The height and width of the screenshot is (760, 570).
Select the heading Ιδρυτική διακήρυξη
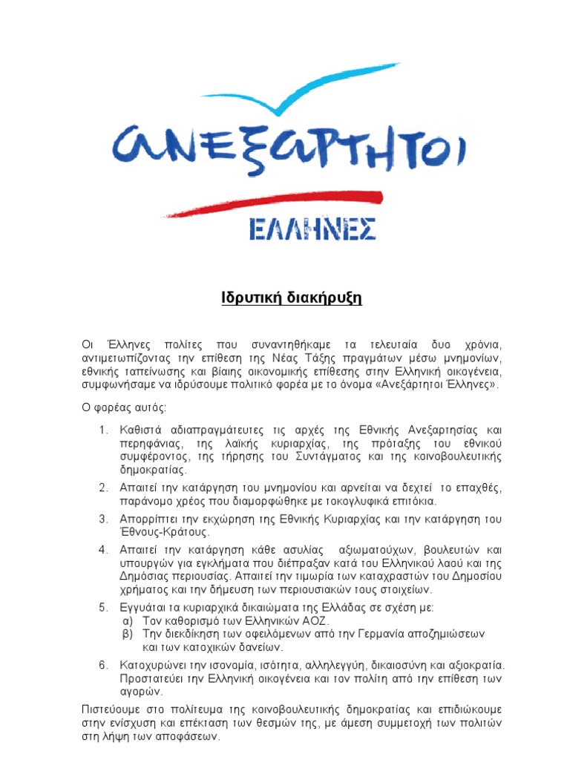(x=285, y=299)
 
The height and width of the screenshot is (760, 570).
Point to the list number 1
(x=103, y=430)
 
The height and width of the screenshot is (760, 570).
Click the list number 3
(x=103, y=519)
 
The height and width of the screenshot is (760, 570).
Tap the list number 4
(x=103, y=550)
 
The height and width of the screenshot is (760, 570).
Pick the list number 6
(x=103, y=664)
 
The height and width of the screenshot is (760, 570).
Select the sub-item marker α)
(x=126, y=620)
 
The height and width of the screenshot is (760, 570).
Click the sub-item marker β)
(x=126, y=634)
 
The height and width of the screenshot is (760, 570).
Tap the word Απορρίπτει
(x=149, y=519)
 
